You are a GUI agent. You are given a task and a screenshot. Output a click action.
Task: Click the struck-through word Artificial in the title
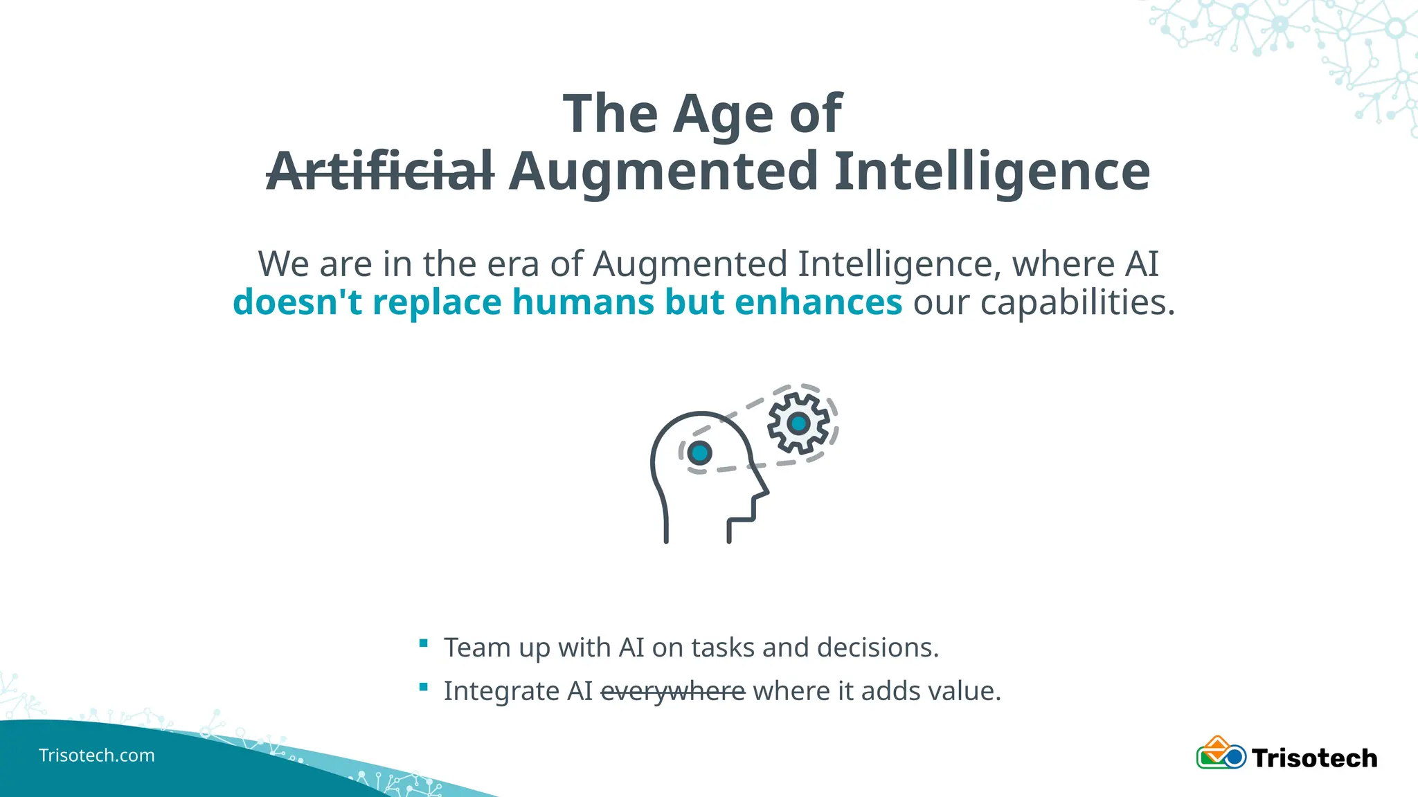(x=380, y=171)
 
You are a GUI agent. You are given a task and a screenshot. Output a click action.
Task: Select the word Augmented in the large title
(x=664, y=171)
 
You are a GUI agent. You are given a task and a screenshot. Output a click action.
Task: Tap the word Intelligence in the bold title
(x=991, y=171)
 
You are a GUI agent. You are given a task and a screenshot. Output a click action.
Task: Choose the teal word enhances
(x=818, y=302)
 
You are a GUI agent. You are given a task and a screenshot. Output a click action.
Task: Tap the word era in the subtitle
(x=513, y=264)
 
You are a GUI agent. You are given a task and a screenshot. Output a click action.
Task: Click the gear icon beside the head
(x=798, y=423)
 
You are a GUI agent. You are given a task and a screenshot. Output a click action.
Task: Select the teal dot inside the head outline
(x=700, y=453)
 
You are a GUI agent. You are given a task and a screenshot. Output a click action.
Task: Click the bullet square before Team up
(x=424, y=643)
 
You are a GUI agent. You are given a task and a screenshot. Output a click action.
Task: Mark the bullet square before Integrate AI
(x=424, y=687)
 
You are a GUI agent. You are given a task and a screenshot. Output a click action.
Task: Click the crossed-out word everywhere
(x=672, y=691)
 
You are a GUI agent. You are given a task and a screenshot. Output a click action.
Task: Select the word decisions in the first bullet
(x=877, y=648)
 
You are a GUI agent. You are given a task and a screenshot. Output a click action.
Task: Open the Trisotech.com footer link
(x=97, y=755)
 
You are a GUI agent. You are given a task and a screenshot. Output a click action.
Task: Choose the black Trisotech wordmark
(x=1314, y=758)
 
